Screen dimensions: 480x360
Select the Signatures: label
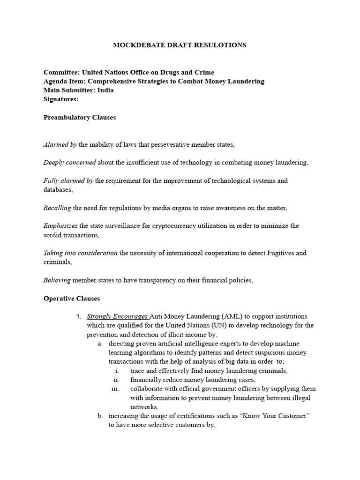61,99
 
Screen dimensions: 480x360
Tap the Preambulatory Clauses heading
80,117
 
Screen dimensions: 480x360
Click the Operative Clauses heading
72,298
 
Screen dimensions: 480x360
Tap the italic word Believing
57,280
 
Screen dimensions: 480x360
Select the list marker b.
100,416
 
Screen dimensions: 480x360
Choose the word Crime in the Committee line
203,72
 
